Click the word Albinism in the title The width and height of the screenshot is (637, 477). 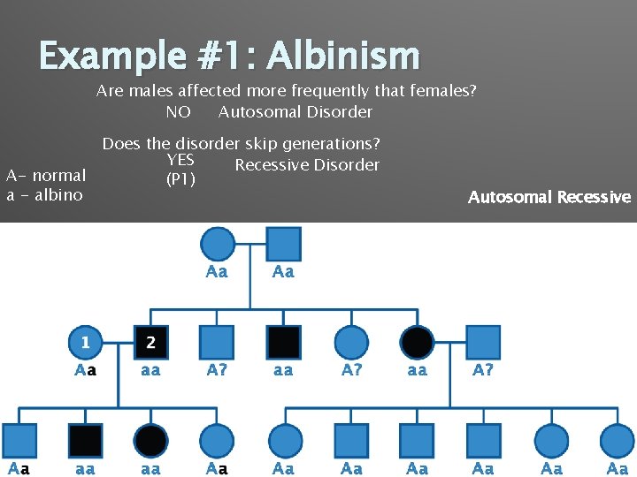(x=342, y=57)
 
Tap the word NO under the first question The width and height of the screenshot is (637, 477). (x=178, y=112)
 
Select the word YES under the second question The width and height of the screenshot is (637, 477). (x=180, y=160)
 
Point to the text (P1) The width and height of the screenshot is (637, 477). (x=180, y=180)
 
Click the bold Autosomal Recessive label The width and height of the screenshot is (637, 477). (x=549, y=197)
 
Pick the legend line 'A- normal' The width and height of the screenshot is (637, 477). (x=46, y=176)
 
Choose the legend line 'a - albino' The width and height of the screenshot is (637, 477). (x=44, y=195)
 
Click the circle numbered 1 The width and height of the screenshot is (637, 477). (x=86, y=342)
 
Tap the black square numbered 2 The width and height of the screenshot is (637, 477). (x=150, y=342)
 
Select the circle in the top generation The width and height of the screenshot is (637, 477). (x=217, y=244)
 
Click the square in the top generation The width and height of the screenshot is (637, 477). (x=283, y=244)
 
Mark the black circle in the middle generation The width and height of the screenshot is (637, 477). (x=417, y=342)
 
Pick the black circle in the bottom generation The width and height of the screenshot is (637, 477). (x=151, y=440)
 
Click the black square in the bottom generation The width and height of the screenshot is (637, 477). (x=86, y=440)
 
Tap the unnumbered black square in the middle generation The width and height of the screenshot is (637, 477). (x=283, y=342)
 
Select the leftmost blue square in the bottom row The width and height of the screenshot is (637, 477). (x=19, y=440)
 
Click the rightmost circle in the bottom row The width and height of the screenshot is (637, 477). (x=617, y=440)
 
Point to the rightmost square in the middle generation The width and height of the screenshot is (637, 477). (x=483, y=342)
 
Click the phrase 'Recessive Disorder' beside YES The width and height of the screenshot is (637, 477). (x=307, y=165)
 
